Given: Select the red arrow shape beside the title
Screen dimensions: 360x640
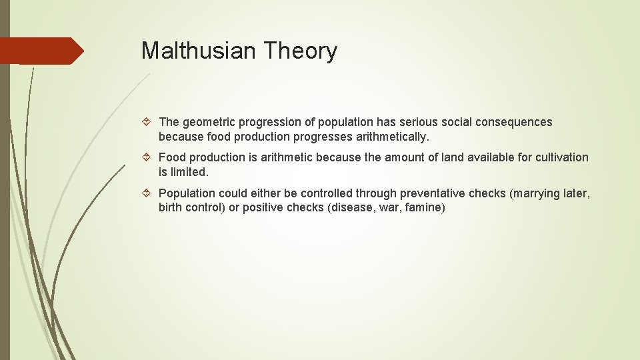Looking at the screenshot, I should [41, 51].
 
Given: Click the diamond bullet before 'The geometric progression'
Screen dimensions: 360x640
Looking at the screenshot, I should [149, 122].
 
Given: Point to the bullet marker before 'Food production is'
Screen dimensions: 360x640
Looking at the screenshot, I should [149, 157].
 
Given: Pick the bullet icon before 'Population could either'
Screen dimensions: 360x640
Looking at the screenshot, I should [149, 193].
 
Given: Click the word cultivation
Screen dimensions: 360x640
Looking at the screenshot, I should [558, 157].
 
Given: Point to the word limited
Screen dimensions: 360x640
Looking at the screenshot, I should [189, 172].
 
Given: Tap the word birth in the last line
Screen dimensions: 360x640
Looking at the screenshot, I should [171, 207].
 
